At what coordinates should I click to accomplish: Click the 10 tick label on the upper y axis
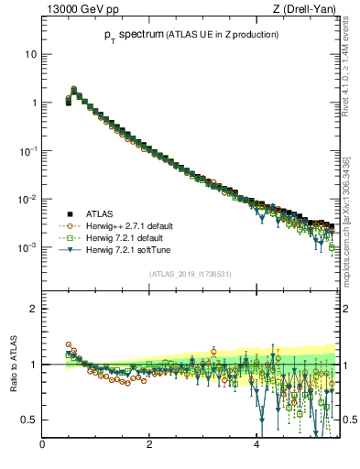click(x=29, y=54)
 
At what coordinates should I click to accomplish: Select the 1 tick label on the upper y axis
click(x=32, y=103)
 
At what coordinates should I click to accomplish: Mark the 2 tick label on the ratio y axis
click(x=33, y=309)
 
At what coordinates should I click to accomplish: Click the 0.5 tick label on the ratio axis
click(x=28, y=420)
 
